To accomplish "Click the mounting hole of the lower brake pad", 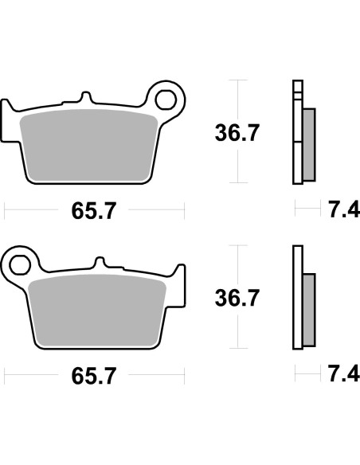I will click(20, 260).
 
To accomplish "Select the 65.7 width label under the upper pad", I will click(94, 211).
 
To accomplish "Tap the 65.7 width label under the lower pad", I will click(94, 373).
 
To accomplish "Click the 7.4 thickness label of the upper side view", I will click(338, 211).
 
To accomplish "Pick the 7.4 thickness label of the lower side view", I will click(338, 373).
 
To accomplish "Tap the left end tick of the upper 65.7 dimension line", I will click(6, 211).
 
